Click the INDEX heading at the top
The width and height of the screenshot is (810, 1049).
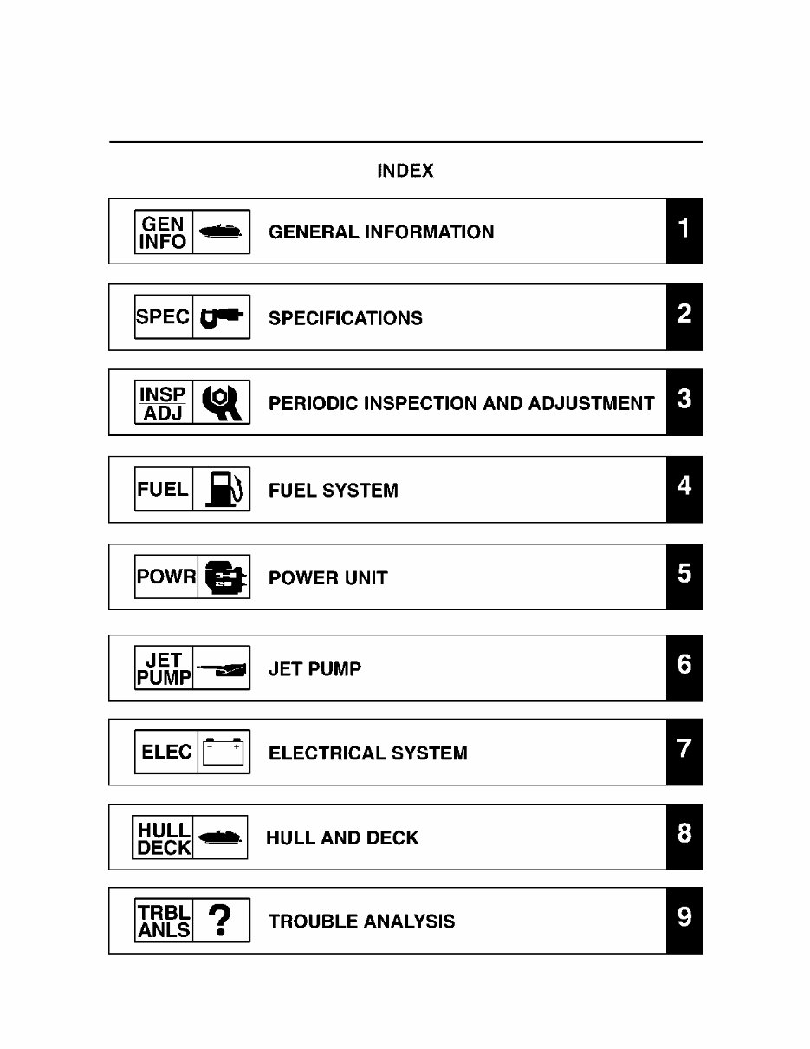(x=405, y=171)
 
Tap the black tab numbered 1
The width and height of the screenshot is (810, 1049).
(x=684, y=231)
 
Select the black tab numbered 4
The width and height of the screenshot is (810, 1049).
(x=684, y=488)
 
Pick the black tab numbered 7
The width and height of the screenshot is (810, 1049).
(x=684, y=751)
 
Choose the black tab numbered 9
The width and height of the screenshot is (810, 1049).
(x=684, y=920)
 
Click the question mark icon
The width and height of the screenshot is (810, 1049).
(x=221, y=920)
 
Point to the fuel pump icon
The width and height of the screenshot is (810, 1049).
(x=221, y=490)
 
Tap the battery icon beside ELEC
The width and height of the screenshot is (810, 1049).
(x=223, y=752)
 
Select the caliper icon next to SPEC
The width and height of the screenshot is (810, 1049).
(x=221, y=317)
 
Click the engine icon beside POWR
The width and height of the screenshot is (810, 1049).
(x=224, y=577)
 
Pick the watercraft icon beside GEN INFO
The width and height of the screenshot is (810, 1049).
(x=221, y=231)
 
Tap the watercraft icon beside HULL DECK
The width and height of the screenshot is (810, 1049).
(x=218, y=837)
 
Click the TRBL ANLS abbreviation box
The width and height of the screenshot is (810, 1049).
(x=164, y=920)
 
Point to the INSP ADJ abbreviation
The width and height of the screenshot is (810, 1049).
(x=163, y=403)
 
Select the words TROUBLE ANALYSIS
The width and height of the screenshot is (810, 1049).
(x=361, y=921)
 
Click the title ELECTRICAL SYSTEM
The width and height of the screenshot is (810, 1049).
(x=367, y=753)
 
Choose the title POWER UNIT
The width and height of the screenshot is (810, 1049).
(x=327, y=578)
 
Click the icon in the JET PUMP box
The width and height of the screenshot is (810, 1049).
(x=221, y=668)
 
